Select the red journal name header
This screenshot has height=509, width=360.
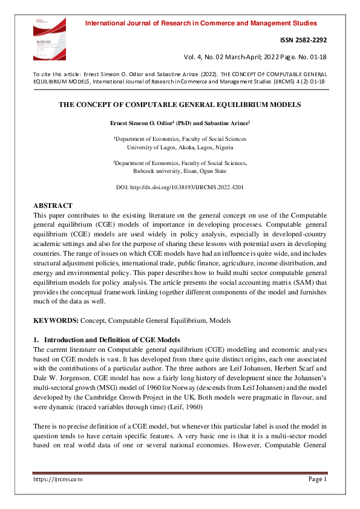click(201, 24)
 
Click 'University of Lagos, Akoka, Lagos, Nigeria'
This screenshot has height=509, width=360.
click(180, 147)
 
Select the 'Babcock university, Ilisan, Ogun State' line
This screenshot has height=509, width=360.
click(180, 170)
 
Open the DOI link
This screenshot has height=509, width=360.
click(180, 187)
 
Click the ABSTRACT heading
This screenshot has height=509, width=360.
click(53, 206)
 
